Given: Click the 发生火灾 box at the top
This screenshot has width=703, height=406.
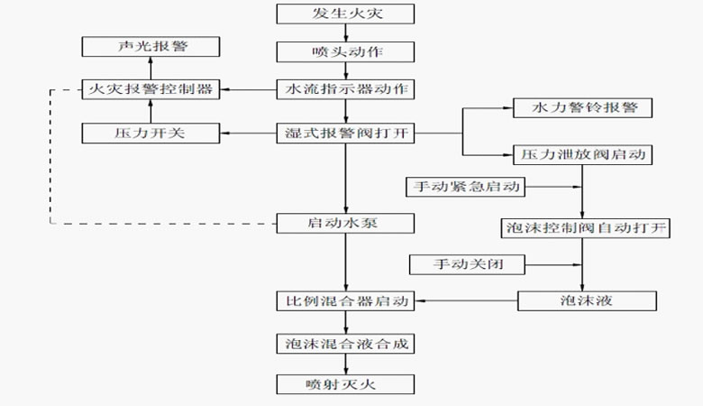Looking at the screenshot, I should click(345, 14).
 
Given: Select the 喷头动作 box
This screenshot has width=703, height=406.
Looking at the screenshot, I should click(345, 51).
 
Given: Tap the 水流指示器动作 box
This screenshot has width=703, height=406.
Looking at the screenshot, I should click(345, 89).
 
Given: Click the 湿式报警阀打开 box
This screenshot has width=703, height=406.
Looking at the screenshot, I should click(345, 134).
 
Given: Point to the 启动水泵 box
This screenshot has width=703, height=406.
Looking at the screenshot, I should click(345, 222).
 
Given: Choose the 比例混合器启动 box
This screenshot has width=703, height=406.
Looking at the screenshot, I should click(345, 300).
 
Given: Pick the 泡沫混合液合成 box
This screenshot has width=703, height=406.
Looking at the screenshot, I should click(345, 343).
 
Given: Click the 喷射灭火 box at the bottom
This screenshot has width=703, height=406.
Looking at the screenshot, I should click(345, 384).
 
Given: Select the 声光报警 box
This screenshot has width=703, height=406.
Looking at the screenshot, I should click(151, 46).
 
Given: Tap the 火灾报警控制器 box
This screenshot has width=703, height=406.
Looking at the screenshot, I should click(151, 89).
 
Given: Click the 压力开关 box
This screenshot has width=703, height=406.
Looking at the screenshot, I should click(151, 134).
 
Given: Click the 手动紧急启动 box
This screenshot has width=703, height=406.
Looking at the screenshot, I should click(465, 187).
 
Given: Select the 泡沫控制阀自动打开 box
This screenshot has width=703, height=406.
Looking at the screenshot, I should click(584, 226).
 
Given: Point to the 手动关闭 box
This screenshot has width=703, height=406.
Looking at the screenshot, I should click(465, 265).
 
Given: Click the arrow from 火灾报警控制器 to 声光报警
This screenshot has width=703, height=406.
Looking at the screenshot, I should click(151, 68).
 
